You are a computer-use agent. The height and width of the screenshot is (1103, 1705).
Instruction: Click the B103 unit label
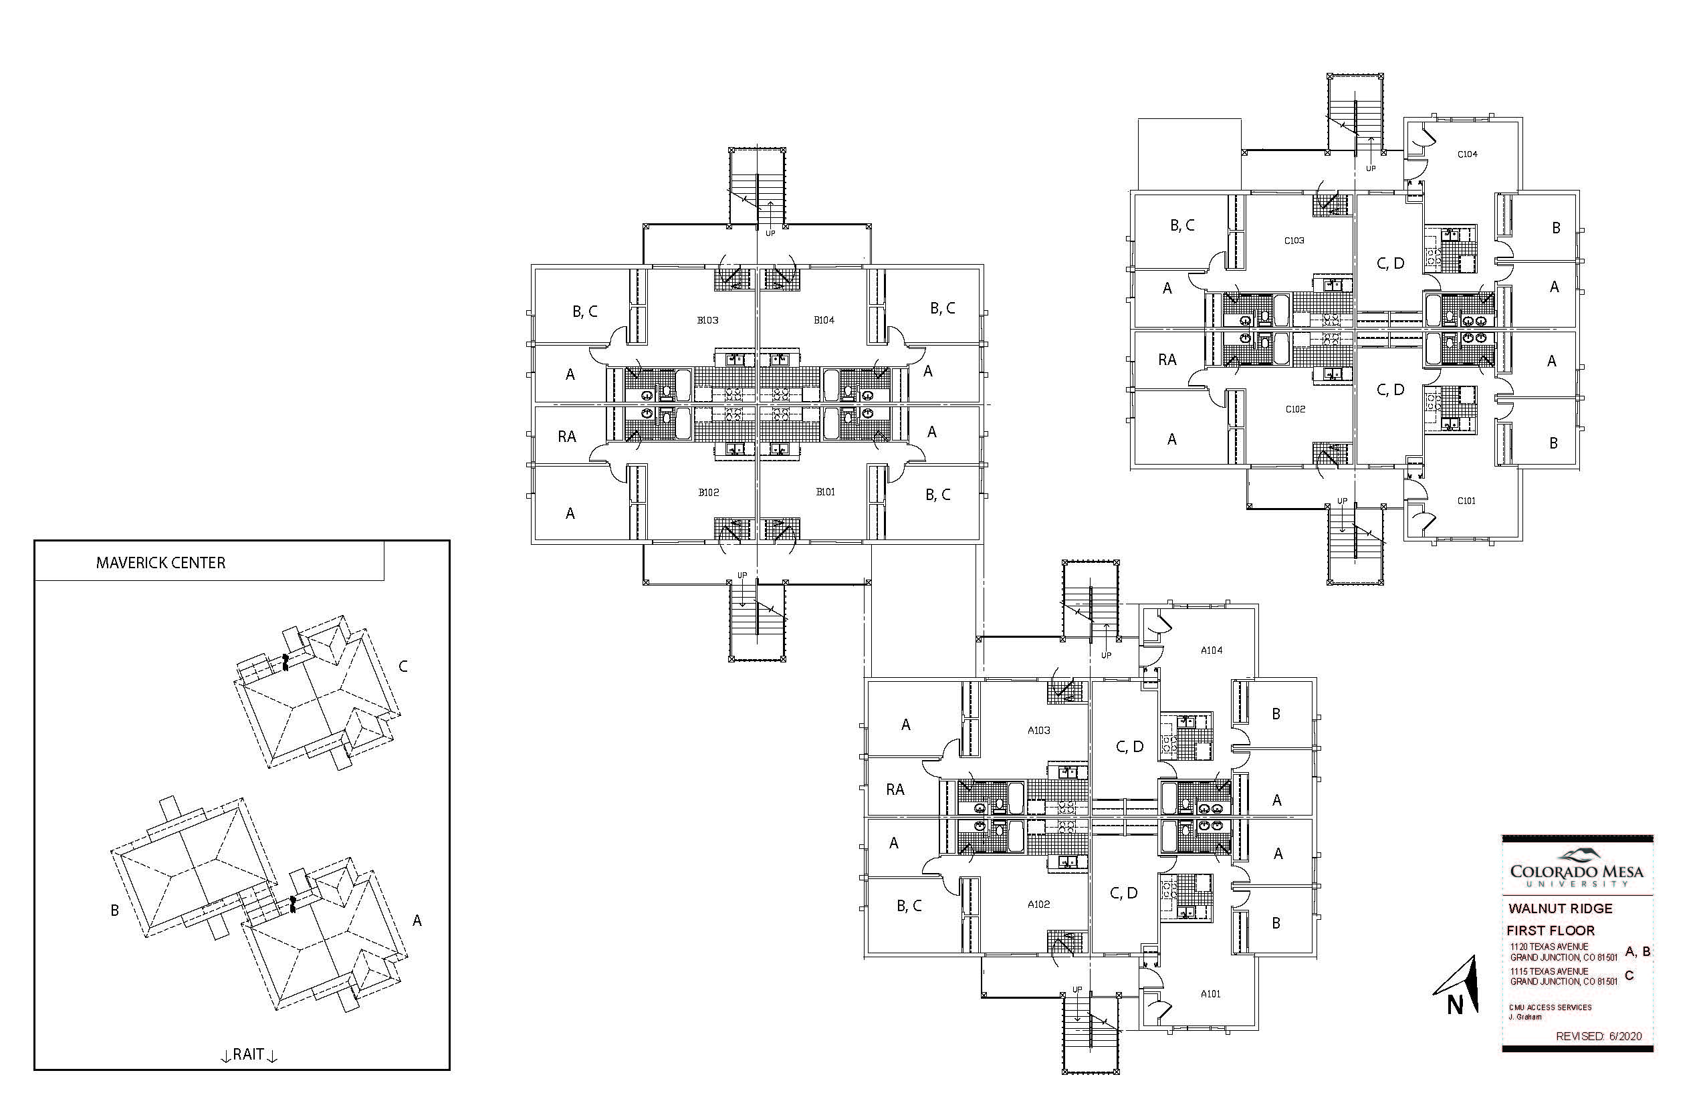click(x=708, y=320)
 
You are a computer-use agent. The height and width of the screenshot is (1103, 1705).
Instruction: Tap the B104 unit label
click(x=824, y=320)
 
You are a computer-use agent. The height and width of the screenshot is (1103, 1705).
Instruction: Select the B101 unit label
click(x=825, y=492)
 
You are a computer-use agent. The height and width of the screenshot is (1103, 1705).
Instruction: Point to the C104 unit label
click(x=1467, y=154)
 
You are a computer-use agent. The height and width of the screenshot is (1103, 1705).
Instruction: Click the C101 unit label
click(x=1466, y=501)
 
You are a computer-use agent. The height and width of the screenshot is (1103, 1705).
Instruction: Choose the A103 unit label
click(x=1039, y=731)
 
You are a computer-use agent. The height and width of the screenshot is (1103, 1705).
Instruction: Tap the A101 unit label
click(x=1211, y=993)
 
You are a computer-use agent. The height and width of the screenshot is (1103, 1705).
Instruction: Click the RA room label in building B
click(x=567, y=436)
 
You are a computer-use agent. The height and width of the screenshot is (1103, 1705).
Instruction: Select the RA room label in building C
click(x=1167, y=360)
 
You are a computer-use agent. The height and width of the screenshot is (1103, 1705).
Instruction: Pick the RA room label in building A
click(x=895, y=789)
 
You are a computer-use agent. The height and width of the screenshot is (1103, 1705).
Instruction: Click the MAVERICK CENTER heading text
click(x=160, y=563)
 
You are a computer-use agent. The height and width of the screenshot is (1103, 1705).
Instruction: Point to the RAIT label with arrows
click(x=249, y=1054)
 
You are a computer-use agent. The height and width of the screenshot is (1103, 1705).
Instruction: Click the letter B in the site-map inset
click(x=114, y=911)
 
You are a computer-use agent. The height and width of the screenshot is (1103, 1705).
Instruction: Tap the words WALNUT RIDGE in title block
click(x=1561, y=909)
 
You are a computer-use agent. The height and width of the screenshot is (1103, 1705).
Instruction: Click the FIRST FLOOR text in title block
click(x=1551, y=931)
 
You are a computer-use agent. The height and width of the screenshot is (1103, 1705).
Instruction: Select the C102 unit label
click(x=1295, y=410)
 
